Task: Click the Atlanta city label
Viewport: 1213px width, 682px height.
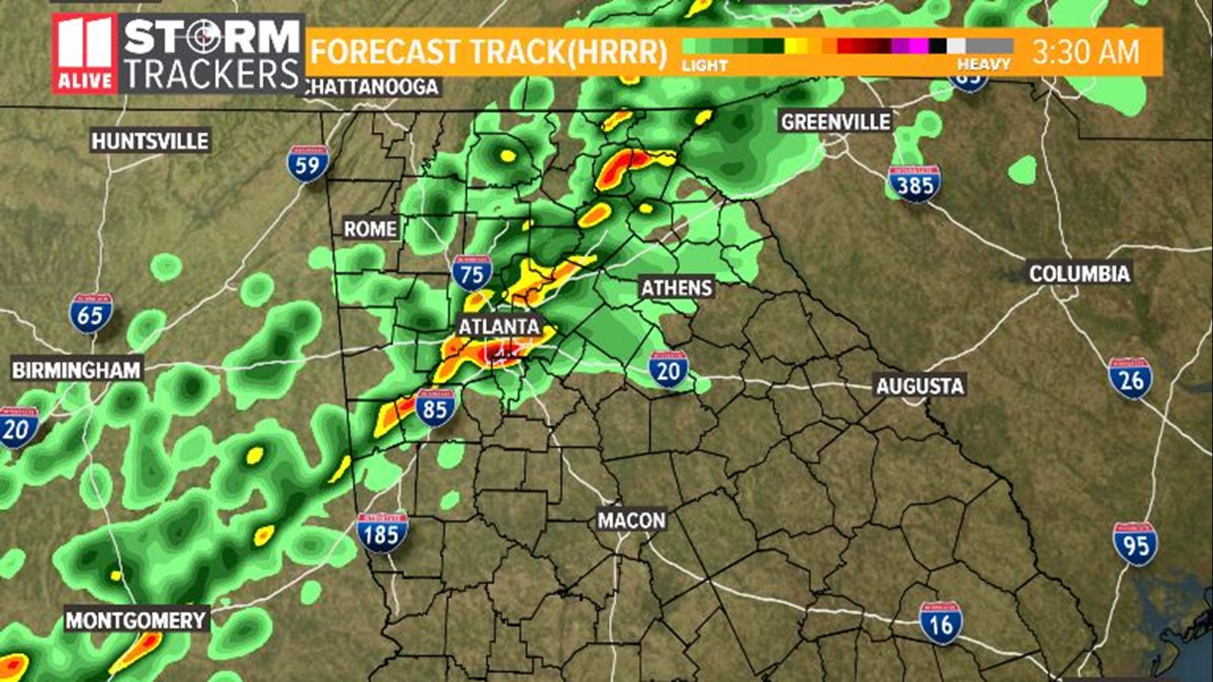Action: click(499, 326)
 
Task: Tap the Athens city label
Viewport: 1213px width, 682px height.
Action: click(677, 288)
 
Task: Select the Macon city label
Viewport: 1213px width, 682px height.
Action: click(631, 520)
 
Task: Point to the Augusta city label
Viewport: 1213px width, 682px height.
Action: click(920, 386)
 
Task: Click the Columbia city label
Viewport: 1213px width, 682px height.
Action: click(1079, 273)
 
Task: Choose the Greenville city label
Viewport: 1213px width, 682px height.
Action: click(835, 122)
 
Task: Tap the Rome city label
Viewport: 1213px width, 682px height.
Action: click(370, 229)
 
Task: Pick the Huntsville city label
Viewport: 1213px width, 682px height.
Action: click(150, 141)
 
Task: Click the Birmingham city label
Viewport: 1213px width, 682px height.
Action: click(76, 370)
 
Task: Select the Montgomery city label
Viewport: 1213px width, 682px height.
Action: click(136, 621)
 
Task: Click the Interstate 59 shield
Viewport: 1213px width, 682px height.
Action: click(308, 164)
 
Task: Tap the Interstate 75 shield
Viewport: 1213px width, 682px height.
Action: click(472, 273)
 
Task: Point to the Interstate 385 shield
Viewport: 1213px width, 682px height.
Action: click(914, 184)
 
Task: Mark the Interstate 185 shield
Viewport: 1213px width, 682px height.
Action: click(382, 533)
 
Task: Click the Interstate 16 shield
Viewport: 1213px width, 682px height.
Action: click(941, 623)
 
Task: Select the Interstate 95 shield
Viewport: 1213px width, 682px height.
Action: click(1135, 544)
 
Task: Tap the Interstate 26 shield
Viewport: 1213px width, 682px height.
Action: click(1130, 378)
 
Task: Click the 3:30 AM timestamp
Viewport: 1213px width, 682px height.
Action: click(1086, 52)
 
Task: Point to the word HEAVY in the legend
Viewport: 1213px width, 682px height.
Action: click(983, 64)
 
